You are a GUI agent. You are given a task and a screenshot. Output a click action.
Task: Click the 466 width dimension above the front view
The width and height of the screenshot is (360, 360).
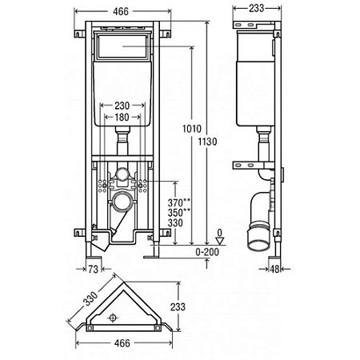121,11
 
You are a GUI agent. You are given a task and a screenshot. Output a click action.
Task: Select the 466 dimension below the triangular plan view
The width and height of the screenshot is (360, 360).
122,343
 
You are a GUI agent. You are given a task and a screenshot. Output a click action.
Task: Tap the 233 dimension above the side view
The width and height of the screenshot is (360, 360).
257,8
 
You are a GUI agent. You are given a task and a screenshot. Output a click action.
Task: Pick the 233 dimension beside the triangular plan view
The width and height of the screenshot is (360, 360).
178,306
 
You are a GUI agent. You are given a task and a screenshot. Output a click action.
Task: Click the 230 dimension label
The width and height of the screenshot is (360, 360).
122,106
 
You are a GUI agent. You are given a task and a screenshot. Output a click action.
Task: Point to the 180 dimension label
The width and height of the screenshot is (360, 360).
122,117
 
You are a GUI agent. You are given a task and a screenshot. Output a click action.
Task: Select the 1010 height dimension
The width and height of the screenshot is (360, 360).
192,129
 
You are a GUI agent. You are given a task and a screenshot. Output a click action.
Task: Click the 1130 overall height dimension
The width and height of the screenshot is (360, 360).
207,142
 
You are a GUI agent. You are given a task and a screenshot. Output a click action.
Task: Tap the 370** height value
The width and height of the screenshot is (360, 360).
179,202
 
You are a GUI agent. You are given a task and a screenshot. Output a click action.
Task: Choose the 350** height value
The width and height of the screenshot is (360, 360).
179,213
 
